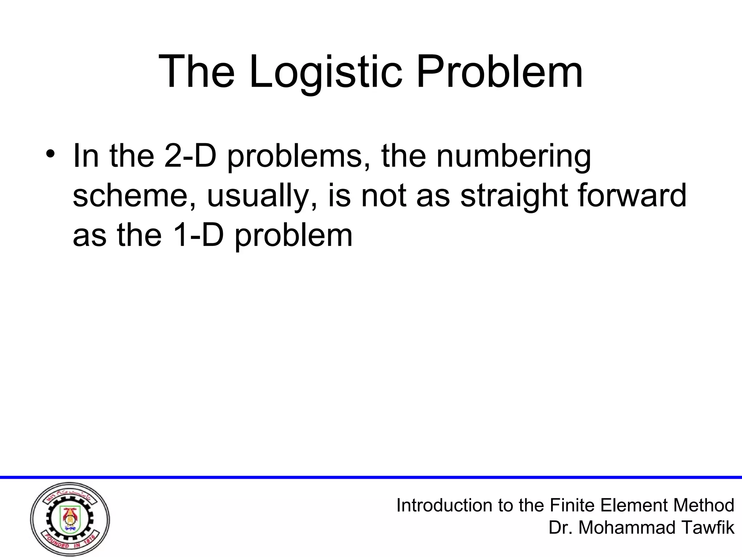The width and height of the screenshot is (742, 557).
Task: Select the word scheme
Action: [135, 196]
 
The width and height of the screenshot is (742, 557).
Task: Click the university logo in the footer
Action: [70, 519]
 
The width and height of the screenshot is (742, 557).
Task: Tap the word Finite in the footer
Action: [573, 505]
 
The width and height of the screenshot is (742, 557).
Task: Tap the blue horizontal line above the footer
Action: [371, 477]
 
